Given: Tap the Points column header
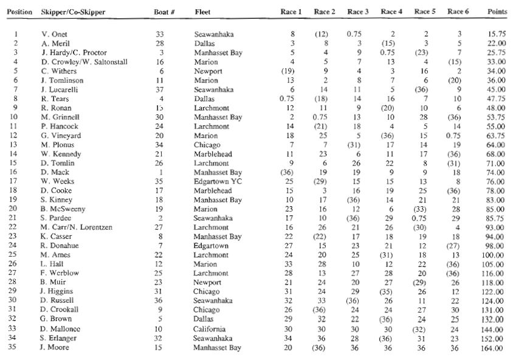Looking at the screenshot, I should point(497,12).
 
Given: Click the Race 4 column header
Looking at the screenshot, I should point(391,12).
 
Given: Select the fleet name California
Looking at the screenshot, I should point(212,329).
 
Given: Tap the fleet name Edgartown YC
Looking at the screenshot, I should point(217,182).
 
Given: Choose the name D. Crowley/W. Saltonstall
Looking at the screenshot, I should point(84,62).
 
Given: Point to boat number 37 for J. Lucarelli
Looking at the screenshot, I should point(160,89).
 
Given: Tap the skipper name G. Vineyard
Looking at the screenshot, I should point(60,136).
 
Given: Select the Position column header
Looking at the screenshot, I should point(16,12).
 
